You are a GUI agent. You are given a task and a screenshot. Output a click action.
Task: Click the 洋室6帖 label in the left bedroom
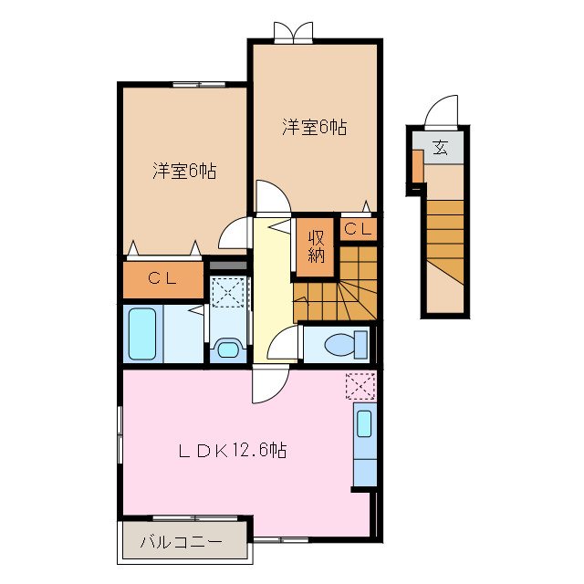(x=183, y=171)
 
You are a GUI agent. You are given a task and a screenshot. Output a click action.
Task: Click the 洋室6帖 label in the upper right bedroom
(x=314, y=128)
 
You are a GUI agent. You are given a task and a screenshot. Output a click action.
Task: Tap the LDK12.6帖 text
(x=233, y=450)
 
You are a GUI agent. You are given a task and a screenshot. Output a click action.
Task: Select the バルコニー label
(x=181, y=542)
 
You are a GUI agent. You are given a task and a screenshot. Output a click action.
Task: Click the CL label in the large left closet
(x=162, y=279)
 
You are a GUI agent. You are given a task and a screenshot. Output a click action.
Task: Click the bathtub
(x=143, y=335)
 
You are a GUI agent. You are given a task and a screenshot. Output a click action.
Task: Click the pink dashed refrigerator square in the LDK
(x=360, y=386)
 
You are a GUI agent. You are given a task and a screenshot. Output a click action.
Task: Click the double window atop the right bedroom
(x=292, y=33)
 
